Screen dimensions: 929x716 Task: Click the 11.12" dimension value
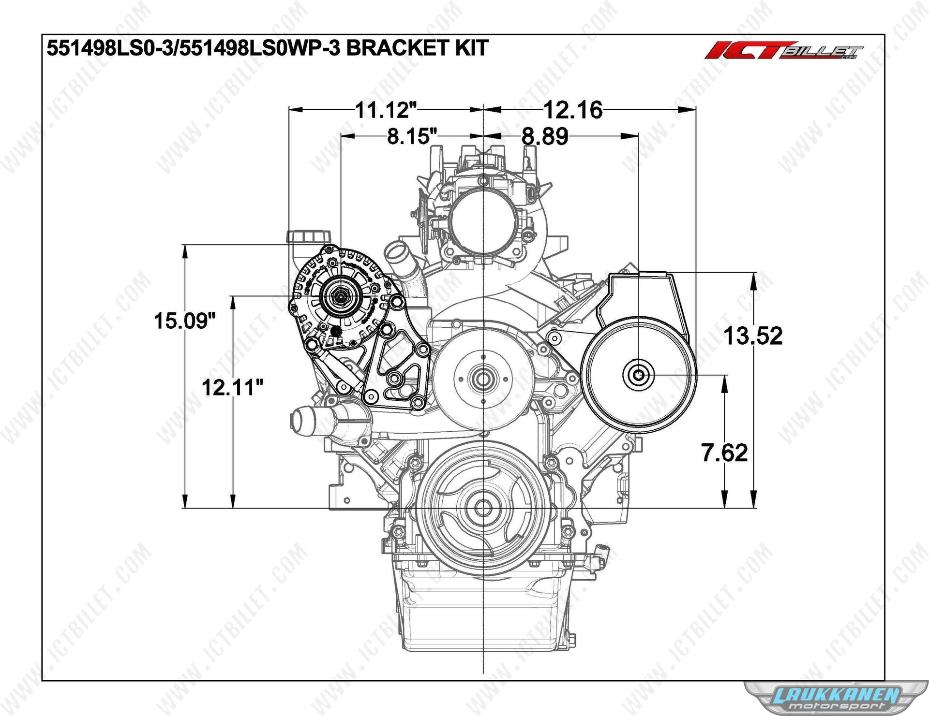pyautogui.click(x=386, y=110)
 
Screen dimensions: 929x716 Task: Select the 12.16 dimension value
pyautogui.click(x=573, y=110)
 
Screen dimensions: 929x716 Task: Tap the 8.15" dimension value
pyautogui.click(x=412, y=136)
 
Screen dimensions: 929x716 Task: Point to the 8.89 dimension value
pyautogui.click(x=544, y=136)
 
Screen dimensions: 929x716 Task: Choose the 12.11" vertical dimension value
pyautogui.click(x=232, y=387)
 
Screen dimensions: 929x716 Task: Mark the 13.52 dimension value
pyautogui.click(x=753, y=336)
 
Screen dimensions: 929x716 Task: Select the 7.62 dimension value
pyautogui.click(x=724, y=453)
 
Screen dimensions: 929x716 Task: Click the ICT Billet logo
pyautogui.click(x=784, y=50)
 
